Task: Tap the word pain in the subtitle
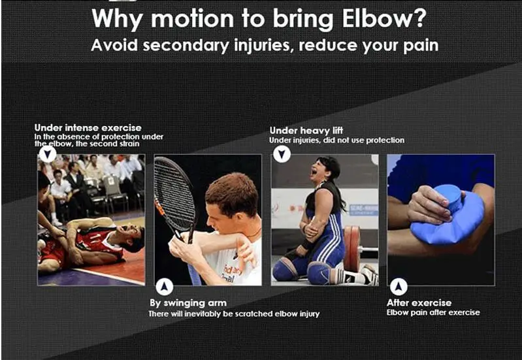(x=421, y=46)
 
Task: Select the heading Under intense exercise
(x=88, y=128)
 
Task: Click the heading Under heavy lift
(x=306, y=131)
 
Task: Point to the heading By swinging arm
(x=188, y=303)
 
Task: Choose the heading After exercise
(x=419, y=303)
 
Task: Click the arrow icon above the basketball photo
(x=48, y=154)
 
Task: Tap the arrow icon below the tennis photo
(x=165, y=286)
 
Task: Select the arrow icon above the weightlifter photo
(x=282, y=154)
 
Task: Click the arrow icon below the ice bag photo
(x=399, y=286)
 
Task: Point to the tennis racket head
(x=174, y=195)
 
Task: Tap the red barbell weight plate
(x=351, y=248)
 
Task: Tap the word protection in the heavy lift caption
(x=385, y=140)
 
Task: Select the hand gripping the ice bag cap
(x=430, y=204)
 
